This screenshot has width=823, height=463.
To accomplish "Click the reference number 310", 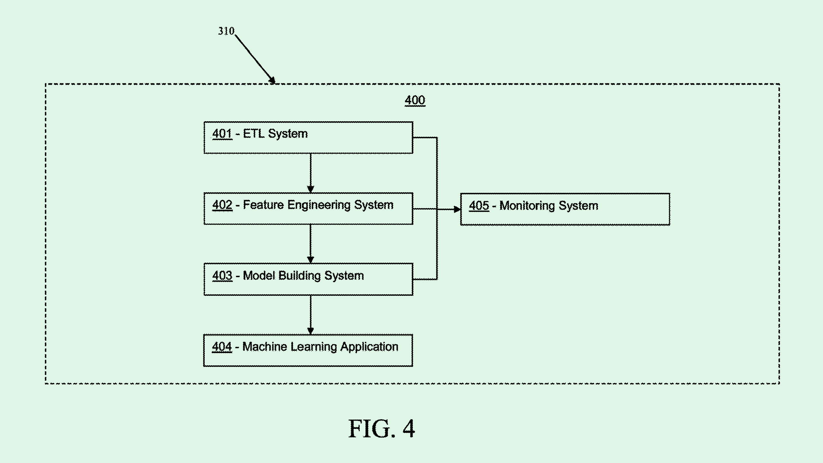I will click(x=226, y=31).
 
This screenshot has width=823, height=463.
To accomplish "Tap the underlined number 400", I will click(x=415, y=100).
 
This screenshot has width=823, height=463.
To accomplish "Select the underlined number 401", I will click(x=222, y=133).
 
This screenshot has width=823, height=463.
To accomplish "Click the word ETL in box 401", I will click(x=254, y=133).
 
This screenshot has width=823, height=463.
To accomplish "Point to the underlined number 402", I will click(x=222, y=205).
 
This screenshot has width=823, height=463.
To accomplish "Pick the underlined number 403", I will click(x=222, y=276).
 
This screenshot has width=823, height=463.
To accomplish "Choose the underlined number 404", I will click(x=222, y=347).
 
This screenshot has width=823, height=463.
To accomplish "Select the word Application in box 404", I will click(x=369, y=347).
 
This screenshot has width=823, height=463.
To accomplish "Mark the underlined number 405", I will click(x=479, y=205).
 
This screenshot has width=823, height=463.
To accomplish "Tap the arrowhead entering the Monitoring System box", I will click(x=457, y=209).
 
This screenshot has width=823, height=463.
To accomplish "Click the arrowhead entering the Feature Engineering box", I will click(x=311, y=189).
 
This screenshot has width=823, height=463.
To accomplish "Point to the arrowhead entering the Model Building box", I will click(x=311, y=259).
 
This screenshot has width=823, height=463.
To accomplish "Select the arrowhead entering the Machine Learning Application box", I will click(x=311, y=331).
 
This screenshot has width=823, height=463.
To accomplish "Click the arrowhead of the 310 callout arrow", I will click(x=272, y=80).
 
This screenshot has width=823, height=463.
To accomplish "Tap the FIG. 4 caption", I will click(x=382, y=429).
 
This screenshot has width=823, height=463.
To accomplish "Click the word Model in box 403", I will click(x=258, y=276).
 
